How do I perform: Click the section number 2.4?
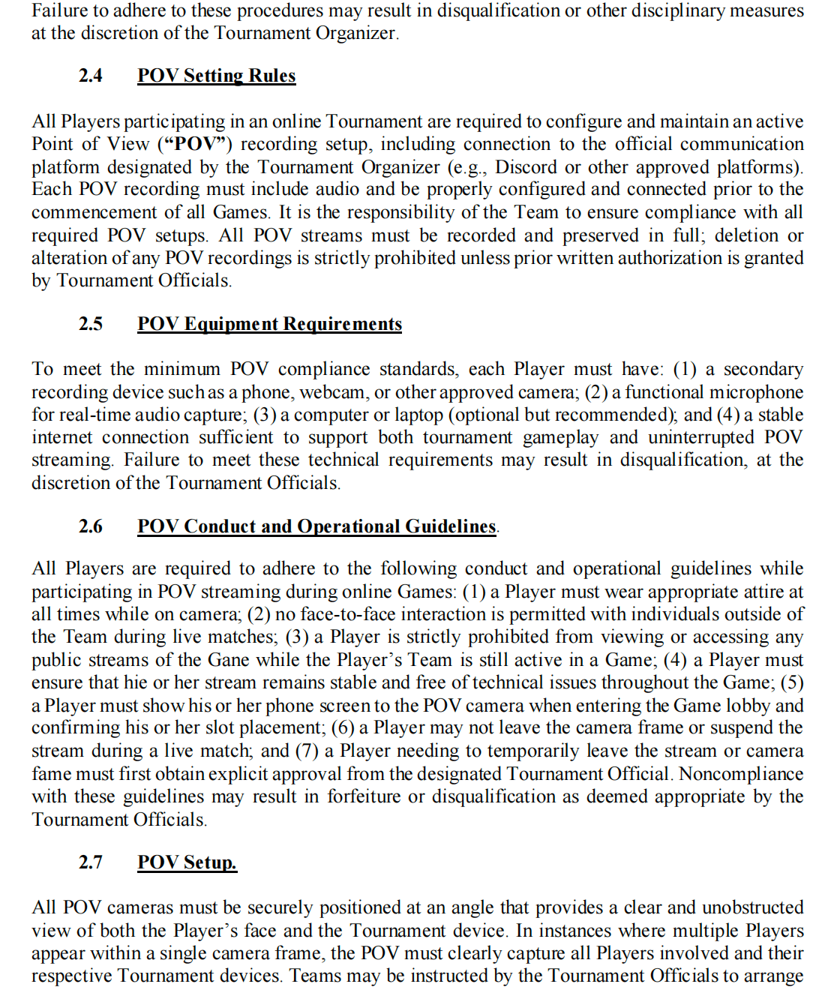tap(91, 76)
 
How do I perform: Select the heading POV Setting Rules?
tap(216, 76)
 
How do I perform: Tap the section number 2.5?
tap(91, 324)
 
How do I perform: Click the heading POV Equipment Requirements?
tap(269, 324)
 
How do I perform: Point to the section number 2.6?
tap(91, 526)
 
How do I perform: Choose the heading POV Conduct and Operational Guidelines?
tap(316, 526)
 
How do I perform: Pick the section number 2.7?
tap(91, 862)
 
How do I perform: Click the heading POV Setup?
tap(187, 862)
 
